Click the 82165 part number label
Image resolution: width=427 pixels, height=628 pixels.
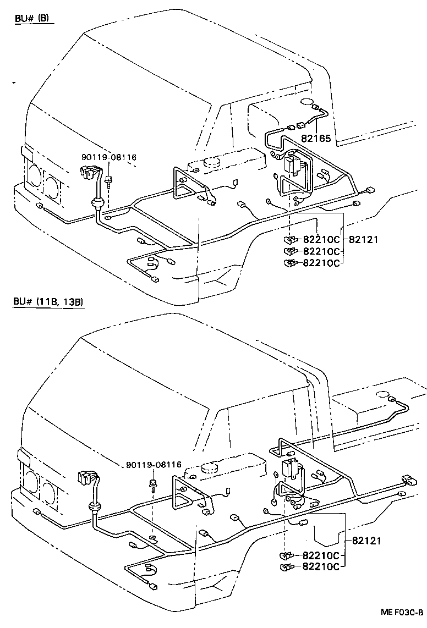[316, 139]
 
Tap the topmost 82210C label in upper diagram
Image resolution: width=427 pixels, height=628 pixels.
[321, 240]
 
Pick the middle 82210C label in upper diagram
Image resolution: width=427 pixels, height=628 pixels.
[321, 251]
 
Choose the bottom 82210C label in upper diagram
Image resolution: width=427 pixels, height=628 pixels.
[321, 263]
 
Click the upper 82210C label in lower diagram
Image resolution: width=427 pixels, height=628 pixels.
[321, 555]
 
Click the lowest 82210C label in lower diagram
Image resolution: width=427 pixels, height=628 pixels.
[321, 566]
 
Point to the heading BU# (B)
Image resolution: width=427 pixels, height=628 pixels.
[32, 18]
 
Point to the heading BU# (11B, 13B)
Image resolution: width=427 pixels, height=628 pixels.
[48, 302]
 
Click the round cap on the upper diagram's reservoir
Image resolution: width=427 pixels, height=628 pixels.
[211, 162]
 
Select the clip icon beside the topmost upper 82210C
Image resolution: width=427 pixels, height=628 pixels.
[289, 240]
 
